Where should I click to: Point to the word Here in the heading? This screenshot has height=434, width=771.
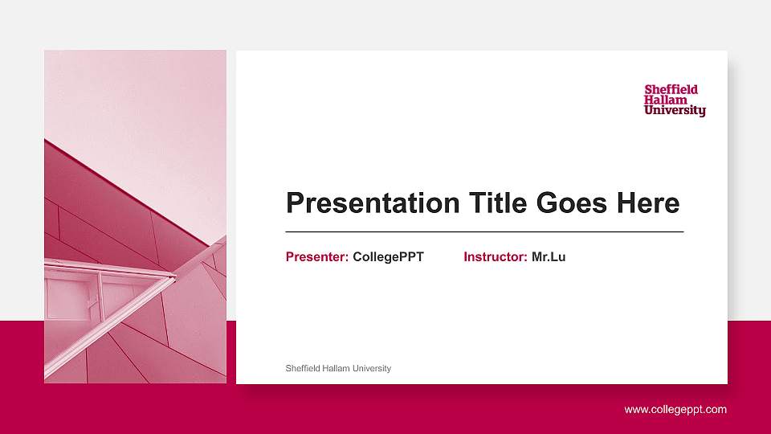tap(647, 203)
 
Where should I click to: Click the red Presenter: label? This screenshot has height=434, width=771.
tap(317, 257)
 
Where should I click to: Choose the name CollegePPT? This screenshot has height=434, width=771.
tap(388, 257)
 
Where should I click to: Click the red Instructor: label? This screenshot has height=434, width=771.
tap(496, 257)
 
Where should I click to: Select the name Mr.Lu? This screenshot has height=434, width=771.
tap(549, 257)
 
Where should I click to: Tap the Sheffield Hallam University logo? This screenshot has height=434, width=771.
tap(675, 100)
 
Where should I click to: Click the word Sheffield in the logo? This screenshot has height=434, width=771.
tap(671, 89)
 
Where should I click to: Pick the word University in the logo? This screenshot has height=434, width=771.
tap(675, 111)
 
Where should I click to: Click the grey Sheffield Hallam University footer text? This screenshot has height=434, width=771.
tap(338, 368)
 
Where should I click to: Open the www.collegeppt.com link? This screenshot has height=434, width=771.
tap(675, 410)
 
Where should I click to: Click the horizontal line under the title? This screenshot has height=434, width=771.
tap(484, 231)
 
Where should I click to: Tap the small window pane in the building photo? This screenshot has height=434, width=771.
tap(71, 297)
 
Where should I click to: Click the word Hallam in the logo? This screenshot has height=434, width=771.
tap(666, 100)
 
